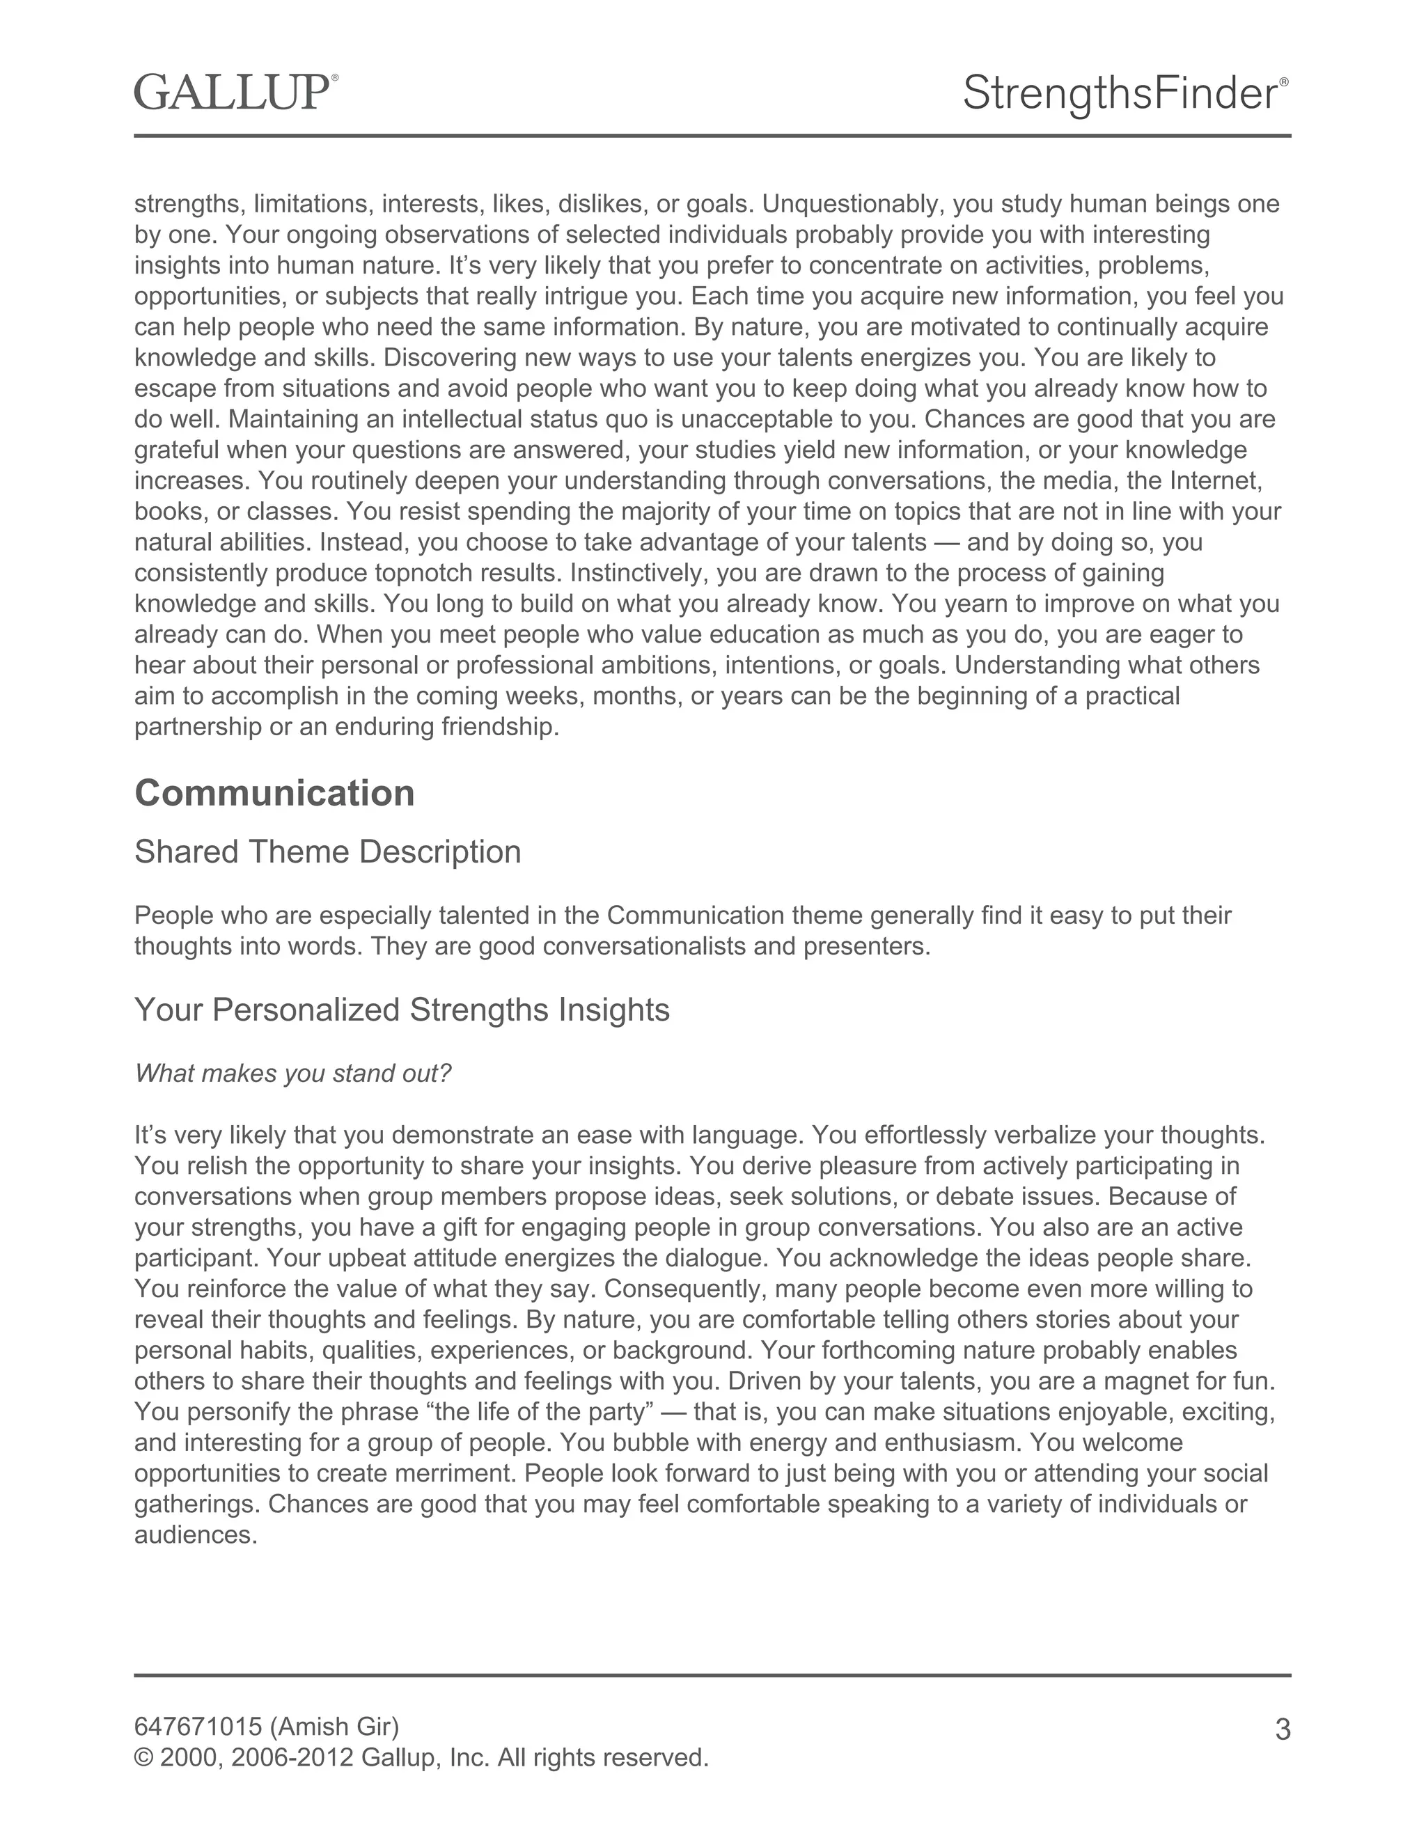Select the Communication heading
274,793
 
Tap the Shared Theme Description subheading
327,851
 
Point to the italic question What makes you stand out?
293,1074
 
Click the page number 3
1282,1730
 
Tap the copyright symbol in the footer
143,1758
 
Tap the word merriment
452,1473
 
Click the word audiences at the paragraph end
195,1535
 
